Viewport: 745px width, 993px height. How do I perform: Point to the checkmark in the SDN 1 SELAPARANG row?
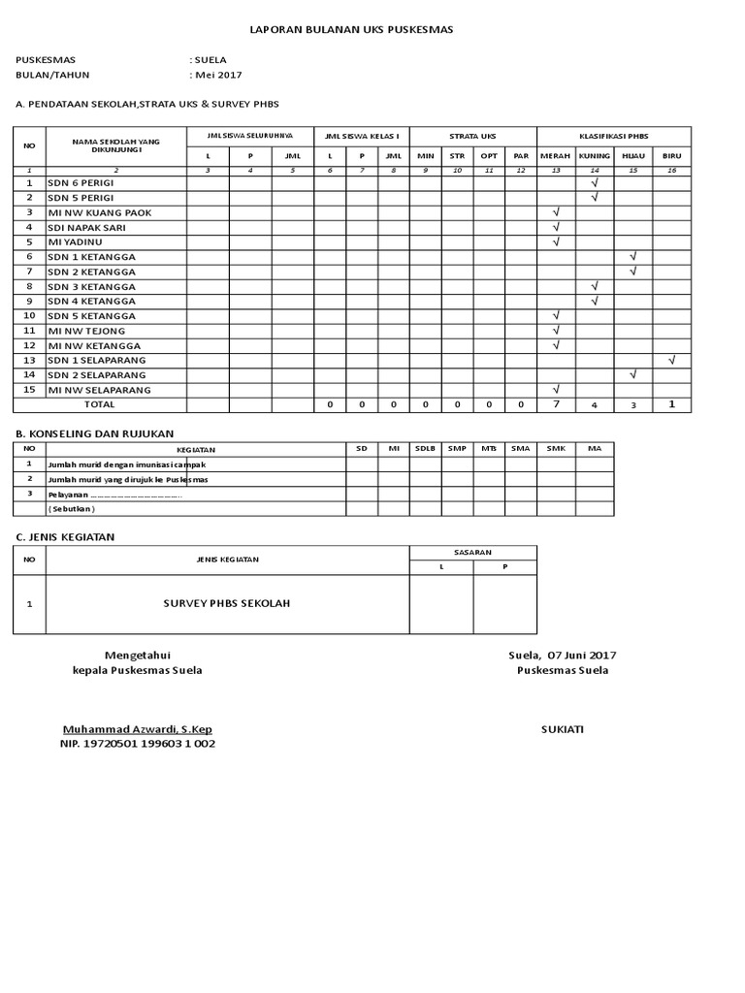pyautogui.click(x=671, y=360)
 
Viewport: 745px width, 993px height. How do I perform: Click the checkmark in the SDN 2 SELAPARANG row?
pyautogui.click(x=632, y=374)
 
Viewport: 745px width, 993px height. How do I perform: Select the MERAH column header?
pyautogui.click(x=555, y=155)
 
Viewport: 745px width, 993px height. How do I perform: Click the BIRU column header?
pyautogui.click(x=671, y=155)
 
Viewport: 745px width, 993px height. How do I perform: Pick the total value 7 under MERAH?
pyautogui.click(x=556, y=404)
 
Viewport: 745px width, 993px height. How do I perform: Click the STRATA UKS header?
pyautogui.click(x=472, y=136)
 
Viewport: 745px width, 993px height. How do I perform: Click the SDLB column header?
pyautogui.click(x=425, y=449)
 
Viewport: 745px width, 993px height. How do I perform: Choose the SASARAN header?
pyautogui.click(x=472, y=551)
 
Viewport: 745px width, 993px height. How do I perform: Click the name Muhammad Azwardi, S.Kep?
pyautogui.click(x=137, y=728)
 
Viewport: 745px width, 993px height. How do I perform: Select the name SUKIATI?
pyautogui.click(x=563, y=728)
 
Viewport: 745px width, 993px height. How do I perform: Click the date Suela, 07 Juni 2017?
pyautogui.click(x=562, y=656)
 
